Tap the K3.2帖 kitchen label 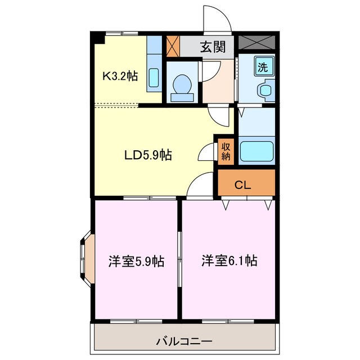[x=119, y=75]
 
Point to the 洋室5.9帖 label [x=136, y=262]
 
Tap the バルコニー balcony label [x=183, y=341]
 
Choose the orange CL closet [x=246, y=184]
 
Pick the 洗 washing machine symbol [x=263, y=66]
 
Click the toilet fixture [x=182, y=86]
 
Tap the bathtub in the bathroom [x=256, y=151]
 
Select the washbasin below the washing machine [x=264, y=90]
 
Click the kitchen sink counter [x=154, y=63]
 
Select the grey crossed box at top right [x=256, y=42]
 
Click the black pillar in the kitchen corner [x=98, y=38]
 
